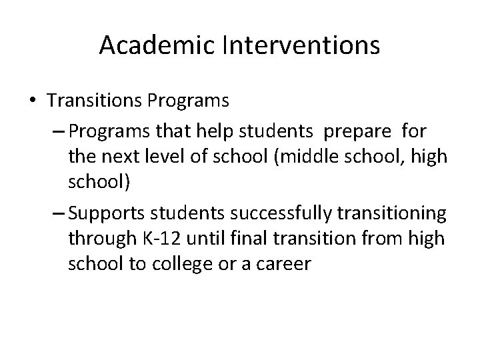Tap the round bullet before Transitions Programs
pyautogui.click(x=33, y=101)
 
